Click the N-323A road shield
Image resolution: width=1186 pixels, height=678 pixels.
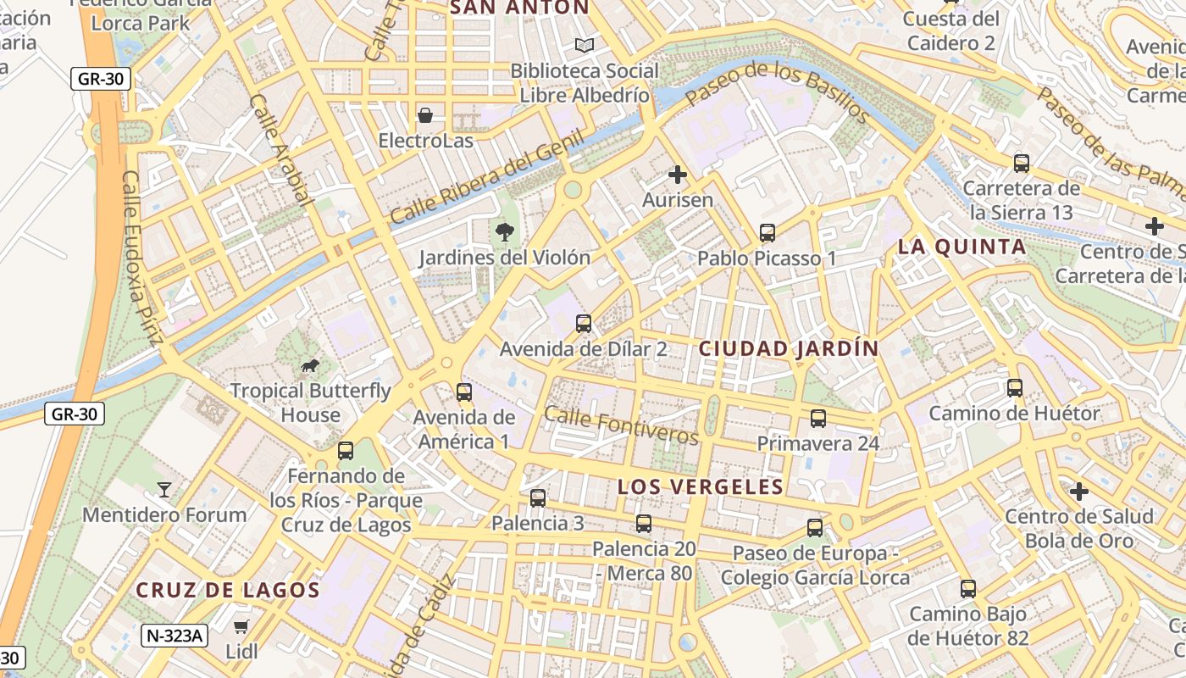pyautogui.click(x=175, y=636)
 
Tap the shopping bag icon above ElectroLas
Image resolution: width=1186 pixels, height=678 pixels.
pyautogui.click(x=424, y=114)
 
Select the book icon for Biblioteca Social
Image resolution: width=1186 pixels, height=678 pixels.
pyautogui.click(x=584, y=45)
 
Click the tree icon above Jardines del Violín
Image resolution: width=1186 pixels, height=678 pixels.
pyautogui.click(x=505, y=231)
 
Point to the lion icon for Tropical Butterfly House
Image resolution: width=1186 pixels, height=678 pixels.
pyautogui.click(x=310, y=365)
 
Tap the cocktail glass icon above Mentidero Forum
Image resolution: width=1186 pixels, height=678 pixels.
pyautogui.click(x=164, y=489)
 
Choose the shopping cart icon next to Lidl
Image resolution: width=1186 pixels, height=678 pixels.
pyautogui.click(x=241, y=626)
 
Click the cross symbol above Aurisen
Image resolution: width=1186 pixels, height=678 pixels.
pyautogui.click(x=677, y=175)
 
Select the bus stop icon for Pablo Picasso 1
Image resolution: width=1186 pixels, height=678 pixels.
pyautogui.click(x=767, y=232)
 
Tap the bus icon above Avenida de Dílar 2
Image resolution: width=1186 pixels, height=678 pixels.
pyautogui.click(x=583, y=323)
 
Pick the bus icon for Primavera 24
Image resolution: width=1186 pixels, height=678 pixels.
pyautogui.click(x=817, y=418)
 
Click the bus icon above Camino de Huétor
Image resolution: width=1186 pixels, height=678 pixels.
pyautogui.click(x=1014, y=388)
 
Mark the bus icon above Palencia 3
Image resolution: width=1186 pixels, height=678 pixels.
pyautogui.click(x=537, y=498)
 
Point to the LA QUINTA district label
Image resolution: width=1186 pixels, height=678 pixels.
pyautogui.click(x=962, y=247)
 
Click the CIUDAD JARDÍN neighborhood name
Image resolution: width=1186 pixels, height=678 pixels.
pyautogui.click(x=789, y=348)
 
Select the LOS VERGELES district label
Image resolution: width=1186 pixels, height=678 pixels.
pyautogui.click(x=701, y=486)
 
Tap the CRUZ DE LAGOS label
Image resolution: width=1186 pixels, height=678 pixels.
pyautogui.click(x=228, y=590)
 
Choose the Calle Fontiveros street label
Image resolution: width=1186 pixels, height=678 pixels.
pyautogui.click(x=621, y=425)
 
